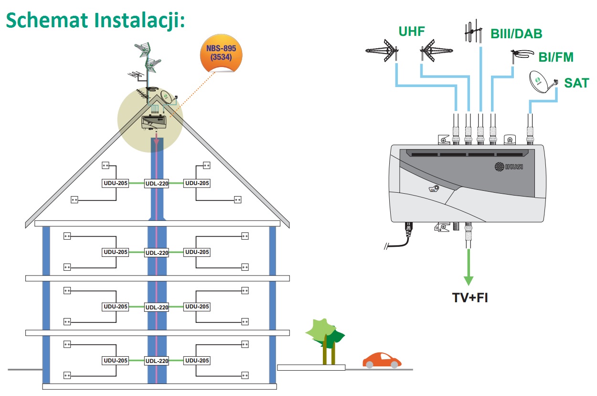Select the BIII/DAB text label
click(x=516, y=34)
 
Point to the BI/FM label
click(x=556, y=57)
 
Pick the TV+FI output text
click(x=470, y=297)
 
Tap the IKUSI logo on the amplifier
click(x=508, y=166)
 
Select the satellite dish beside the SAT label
click(x=542, y=82)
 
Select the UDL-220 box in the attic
click(x=157, y=184)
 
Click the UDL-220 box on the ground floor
click(x=157, y=361)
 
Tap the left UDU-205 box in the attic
click(x=116, y=183)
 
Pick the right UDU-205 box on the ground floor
click(x=197, y=361)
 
